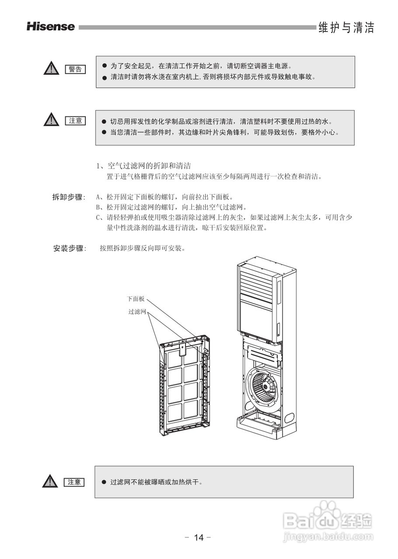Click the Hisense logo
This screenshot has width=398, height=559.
click(x=50, y=27)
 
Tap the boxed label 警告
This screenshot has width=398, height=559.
click(x=75, y=69)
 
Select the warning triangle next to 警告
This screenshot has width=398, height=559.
click(x=51, y=69)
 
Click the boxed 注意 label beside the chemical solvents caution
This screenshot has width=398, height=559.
click(x=75, y=121)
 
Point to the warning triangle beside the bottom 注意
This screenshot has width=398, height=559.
click(x=51, y=482)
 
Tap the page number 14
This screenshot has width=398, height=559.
click(x=199, y=538)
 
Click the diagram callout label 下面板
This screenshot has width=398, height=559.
click(x=136, y=299)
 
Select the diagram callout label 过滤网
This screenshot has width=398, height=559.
click(x=137, y=312)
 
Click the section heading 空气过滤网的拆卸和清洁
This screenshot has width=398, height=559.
click(x=148, y=166)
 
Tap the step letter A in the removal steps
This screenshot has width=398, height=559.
click(x=98, y=197)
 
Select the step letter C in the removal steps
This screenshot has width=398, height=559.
click(x=98, y=217)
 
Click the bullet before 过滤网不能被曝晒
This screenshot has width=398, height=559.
click(x=104, y=482)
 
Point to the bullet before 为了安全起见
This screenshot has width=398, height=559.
click(x=105, y=66)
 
